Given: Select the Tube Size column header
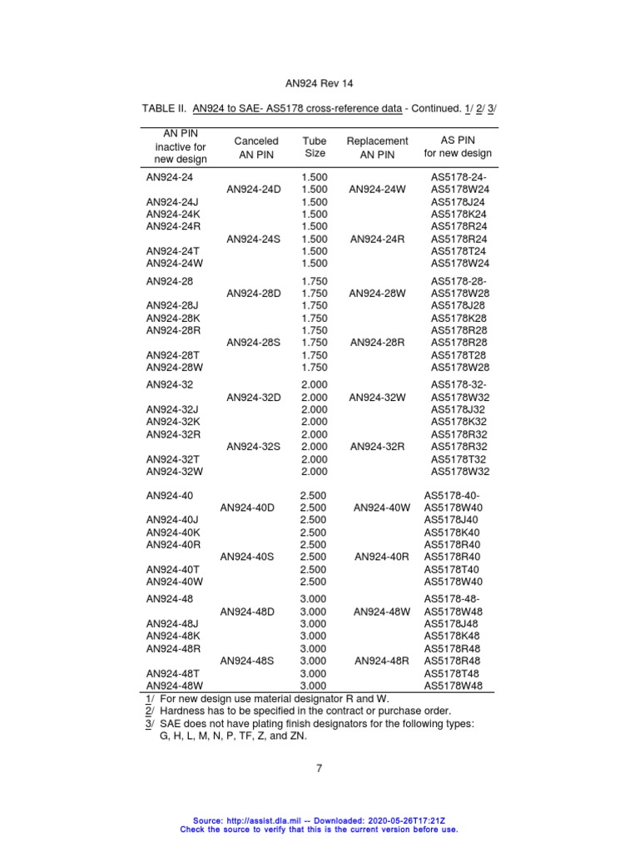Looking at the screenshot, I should pyautogui.click(x=315, y=147).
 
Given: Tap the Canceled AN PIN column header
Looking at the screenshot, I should pyautogui.click(x=256, y=147).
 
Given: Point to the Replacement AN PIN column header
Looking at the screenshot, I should pyautogui.click(x=377, y=147).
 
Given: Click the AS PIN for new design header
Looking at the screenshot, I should pyautogui.click(x=458, y=146).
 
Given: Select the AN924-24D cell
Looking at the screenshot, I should pyautogui.click(x=254, y=190).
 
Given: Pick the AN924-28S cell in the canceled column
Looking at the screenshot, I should pyautogui.click(x=254, y=342).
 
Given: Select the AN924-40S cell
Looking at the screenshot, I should pyautogui.click(x=247, y=557).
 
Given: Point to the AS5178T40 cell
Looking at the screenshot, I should pyautogui.click(x=453, y=569).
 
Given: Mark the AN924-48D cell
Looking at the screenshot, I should pyautogui.click(x=247, y=612).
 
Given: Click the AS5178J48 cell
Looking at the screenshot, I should pyautogui.click(x=453, y=624).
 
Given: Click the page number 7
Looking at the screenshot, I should pyautogui.click(x=319, y=768).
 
